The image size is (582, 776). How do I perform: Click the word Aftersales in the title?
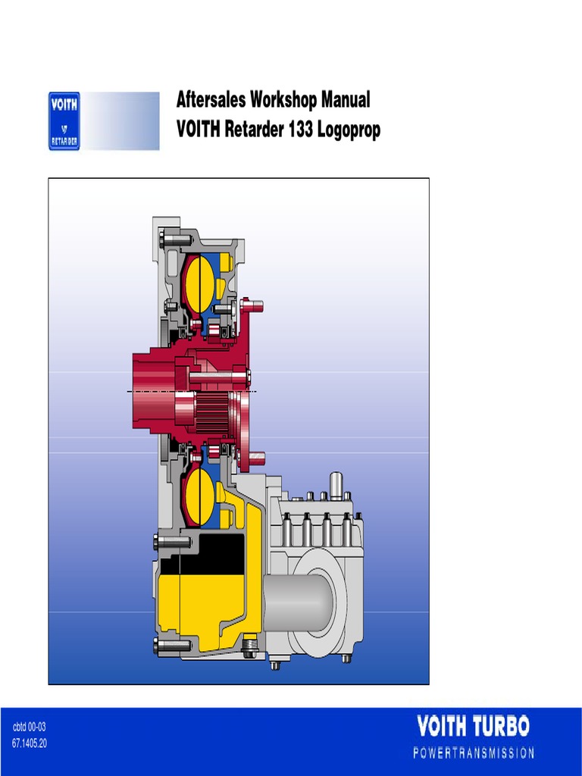pos(211,99)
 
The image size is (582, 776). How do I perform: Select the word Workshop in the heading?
pos(283,99)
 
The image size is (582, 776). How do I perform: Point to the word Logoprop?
pos(349,130)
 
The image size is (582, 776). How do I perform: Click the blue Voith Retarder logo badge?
pos(64,120)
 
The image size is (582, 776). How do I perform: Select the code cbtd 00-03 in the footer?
pos(30,727)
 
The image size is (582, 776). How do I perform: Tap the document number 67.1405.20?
pos(30,743)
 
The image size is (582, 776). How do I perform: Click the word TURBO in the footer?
pos(502,727)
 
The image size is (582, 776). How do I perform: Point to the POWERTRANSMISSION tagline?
pos(474,753)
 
